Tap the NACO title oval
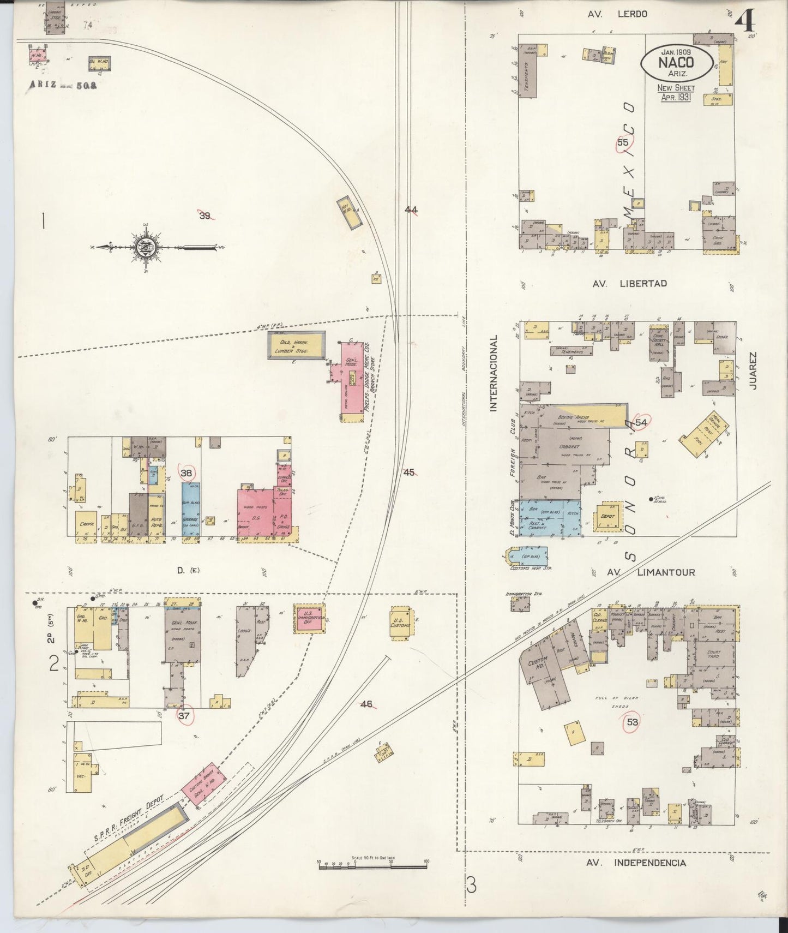(x=676, y=62)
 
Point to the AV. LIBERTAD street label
(x=629, y=283)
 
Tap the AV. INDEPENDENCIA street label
(x=636, y=863)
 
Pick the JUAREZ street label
(x=754, y=369)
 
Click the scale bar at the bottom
(x=372, y=863)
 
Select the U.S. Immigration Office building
(x=308, y=619)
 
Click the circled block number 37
(x=184, y=716)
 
